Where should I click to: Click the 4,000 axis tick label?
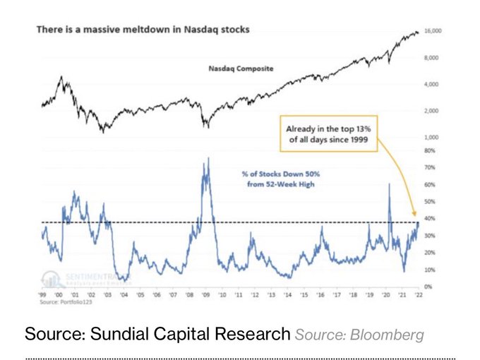point(431,84)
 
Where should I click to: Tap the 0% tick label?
point(428,287)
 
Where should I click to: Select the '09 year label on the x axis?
point(205,296)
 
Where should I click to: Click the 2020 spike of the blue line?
point(389,184)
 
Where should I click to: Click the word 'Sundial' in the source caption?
point(114,333)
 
